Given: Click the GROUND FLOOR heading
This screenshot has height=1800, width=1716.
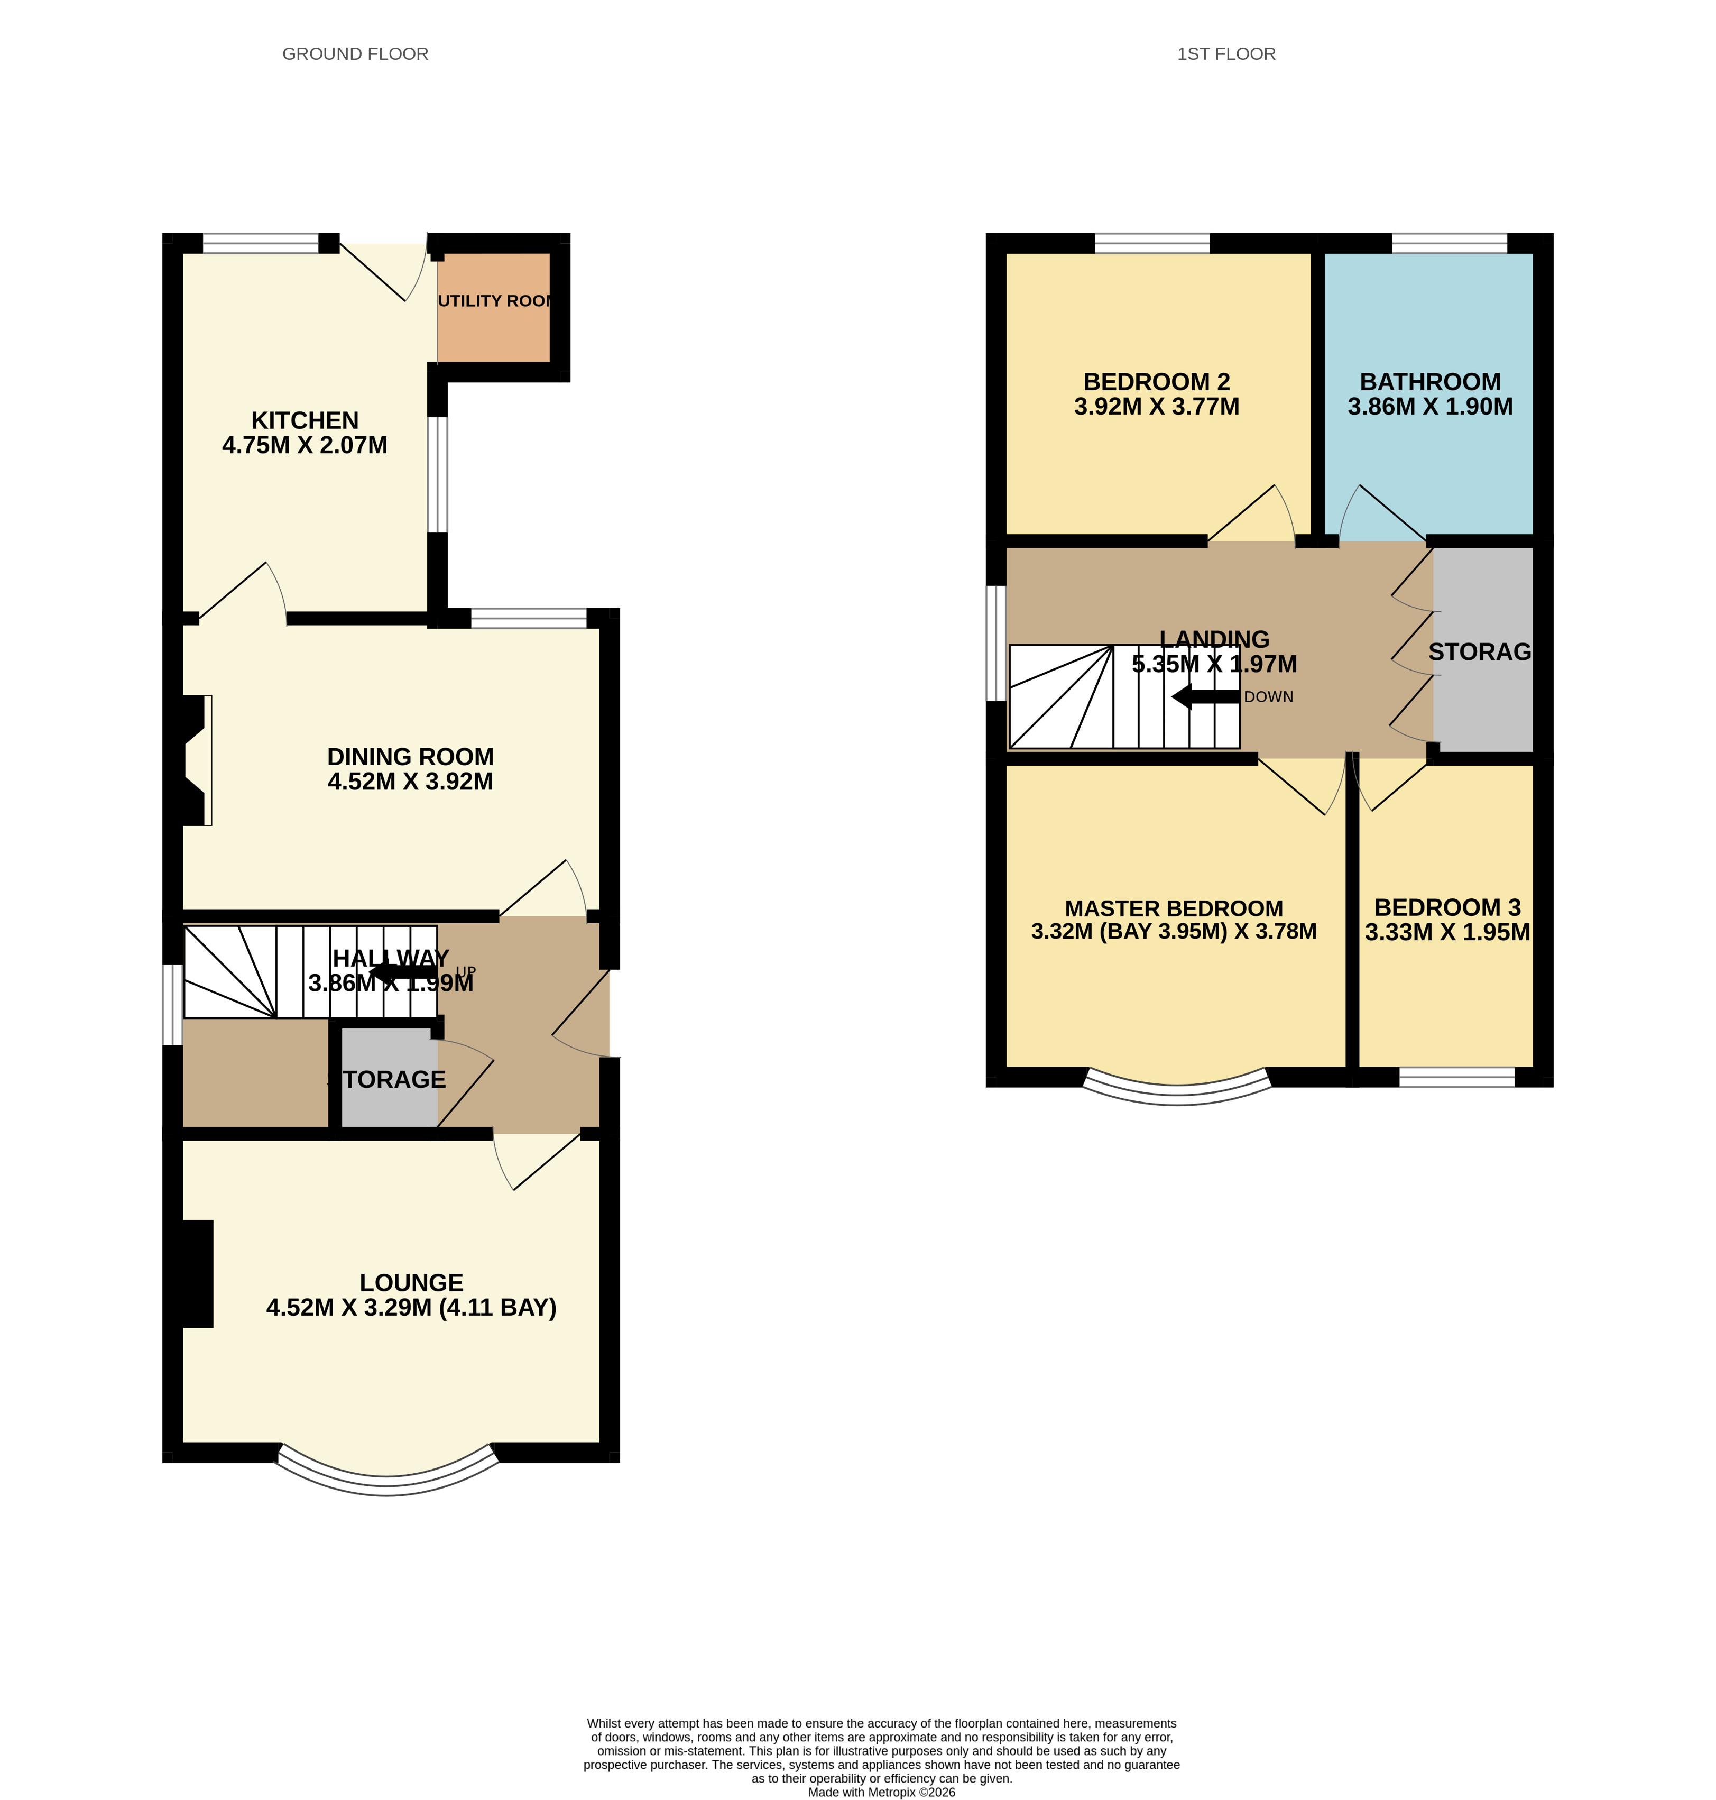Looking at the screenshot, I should coord(355,54).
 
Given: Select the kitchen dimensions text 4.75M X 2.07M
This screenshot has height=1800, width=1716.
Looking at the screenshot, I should coord(305,446).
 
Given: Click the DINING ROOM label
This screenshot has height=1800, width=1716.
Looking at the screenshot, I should coord(410,757).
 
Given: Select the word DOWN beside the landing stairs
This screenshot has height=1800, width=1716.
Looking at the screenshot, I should coord(1268,697).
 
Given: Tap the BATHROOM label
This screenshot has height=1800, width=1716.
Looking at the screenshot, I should coord(1429,382).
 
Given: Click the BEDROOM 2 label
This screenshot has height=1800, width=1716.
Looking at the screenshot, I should coord(1156,382).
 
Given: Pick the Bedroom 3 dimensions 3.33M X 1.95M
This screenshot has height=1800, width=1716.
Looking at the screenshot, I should coord(1447,932).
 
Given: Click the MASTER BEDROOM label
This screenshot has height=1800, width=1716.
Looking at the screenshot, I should coord(1174,908).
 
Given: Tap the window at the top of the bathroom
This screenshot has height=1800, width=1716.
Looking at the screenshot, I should coord(1449,243).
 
